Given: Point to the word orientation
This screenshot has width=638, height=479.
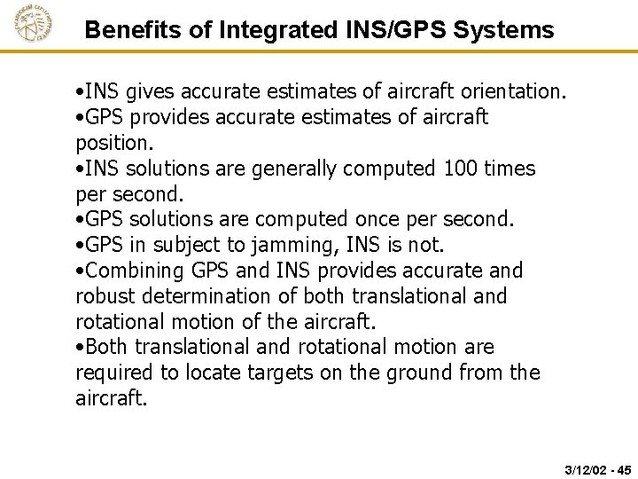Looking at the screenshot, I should point(511,91).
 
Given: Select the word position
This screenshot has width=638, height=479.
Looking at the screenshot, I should point(114,143).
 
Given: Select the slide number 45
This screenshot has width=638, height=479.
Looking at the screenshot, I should point(624,468).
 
